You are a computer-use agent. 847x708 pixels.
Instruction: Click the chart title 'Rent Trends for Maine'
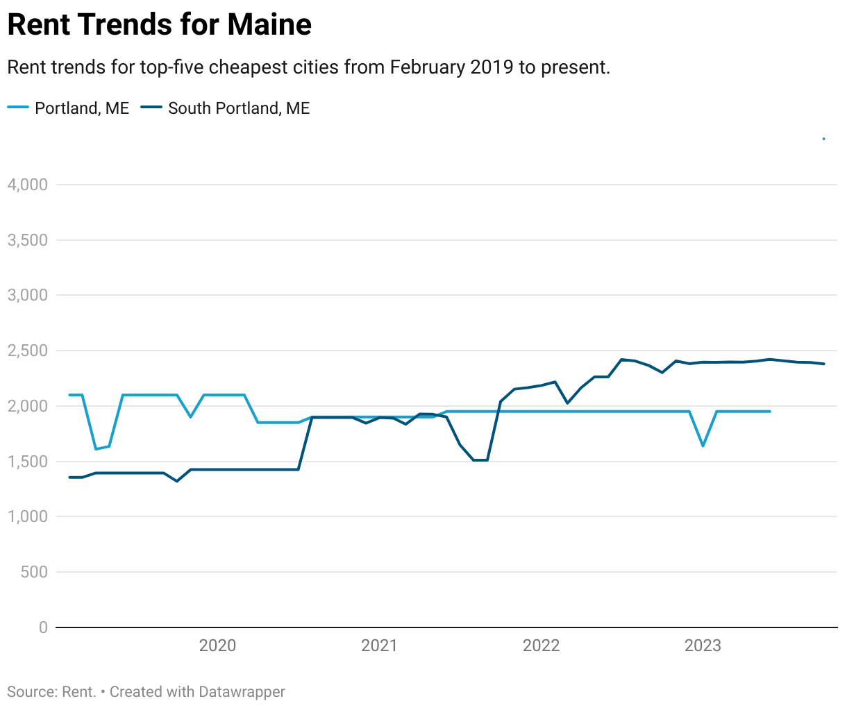(x=159, y=25)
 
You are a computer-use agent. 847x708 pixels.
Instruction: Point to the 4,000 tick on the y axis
(x=27, y=185)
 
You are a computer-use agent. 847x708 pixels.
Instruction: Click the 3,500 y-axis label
(x=27, y=240)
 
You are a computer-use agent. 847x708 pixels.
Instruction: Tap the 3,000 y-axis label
(x=27, y=295)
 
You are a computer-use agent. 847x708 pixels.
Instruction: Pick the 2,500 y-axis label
(x=27, y=351)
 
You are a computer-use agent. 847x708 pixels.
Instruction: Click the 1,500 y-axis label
(x=27, y=462)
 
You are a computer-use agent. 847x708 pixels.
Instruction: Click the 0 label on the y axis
(x=43, y=627)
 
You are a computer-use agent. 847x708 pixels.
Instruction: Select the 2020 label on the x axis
(x=217, y=646)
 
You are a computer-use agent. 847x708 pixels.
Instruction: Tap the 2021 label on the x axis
(x=379, y=646)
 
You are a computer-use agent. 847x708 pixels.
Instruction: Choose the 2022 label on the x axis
(x=541, y=646)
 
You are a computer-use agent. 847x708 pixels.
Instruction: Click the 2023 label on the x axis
(x=703, y=646)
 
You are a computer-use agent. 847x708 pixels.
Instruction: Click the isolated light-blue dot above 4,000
(x=823, y=139)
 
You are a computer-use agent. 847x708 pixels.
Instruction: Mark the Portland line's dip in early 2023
(x=703, y=446)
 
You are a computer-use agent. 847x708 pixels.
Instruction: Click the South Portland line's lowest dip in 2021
(x=480, y=460)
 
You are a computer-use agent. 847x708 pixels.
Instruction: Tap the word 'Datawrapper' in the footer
(x=242, y=692)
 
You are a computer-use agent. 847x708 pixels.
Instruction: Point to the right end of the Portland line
(x=769, y=412)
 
